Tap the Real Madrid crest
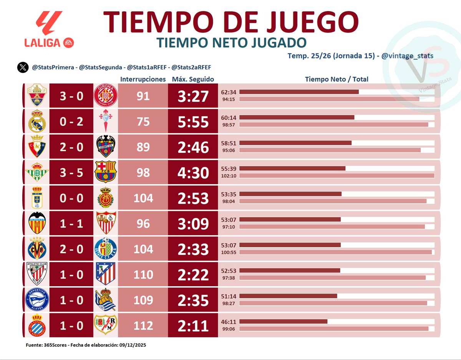(37, 122)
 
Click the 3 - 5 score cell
(71, 173)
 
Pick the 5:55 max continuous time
(193, 122)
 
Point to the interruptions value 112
(143, 325)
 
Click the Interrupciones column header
(143, 79)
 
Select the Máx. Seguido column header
(193, 79)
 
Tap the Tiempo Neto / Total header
(337, 79)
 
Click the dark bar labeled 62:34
(299, 92)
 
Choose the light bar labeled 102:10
(337, 175)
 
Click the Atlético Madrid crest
(106, 274)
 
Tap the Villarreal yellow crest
(37, 249)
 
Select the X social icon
(23, 67)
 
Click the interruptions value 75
(143, 122)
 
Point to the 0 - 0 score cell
(71, 198)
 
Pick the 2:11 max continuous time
(193, 326)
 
